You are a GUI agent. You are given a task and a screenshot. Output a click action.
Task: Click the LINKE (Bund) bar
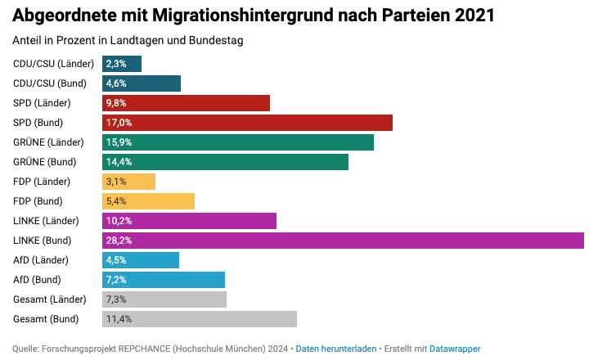pos(344,241)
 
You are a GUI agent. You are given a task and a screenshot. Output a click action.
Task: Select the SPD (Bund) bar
pos(247,123)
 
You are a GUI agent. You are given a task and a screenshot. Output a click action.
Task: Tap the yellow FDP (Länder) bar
pos(128,182)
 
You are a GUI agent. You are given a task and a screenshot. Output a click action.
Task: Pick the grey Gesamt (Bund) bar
pos(200,319)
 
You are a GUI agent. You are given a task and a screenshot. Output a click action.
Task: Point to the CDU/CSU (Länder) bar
pos(122,64)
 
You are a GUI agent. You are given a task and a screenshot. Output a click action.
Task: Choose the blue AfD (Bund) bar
pos(164,280)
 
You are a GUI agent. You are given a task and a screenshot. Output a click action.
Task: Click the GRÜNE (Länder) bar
pos(238,142)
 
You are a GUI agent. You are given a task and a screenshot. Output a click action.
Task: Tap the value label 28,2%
pos(119,241)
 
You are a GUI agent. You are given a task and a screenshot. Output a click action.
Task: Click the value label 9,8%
pos(116,103)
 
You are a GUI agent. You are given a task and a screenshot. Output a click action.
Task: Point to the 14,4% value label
pos(119,162)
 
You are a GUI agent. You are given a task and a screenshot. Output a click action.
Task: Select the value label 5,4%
pos(116,201)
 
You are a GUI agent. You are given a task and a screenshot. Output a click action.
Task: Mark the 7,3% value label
pos(116,299)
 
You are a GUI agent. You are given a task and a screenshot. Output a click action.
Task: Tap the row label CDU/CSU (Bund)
pos(50,83)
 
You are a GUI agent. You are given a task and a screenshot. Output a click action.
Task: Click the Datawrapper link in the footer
pos(455,349)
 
